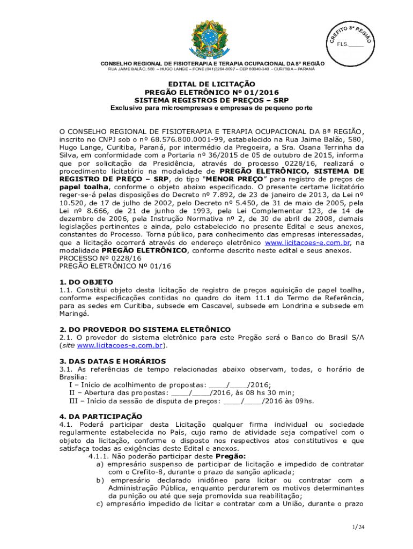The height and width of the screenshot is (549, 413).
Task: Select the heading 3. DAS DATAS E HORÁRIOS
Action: pyautogui.click(x=113, y=361)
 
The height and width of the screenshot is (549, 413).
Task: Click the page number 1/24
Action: pyautogui.click(x=358, y=528)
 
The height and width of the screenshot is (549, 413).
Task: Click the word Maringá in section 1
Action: pyautogui.click(x=74, y=314)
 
